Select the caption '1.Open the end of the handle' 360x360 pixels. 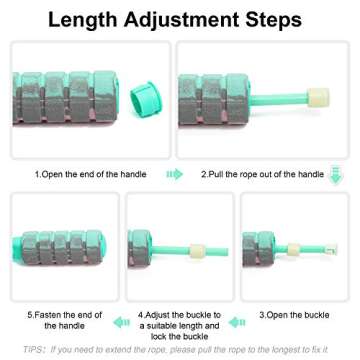(x=90, y=174)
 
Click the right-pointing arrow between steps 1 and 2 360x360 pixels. (x=175, y=174)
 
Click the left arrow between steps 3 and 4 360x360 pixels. (x=238, y=321)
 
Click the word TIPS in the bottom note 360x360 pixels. (x=33, y=350)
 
